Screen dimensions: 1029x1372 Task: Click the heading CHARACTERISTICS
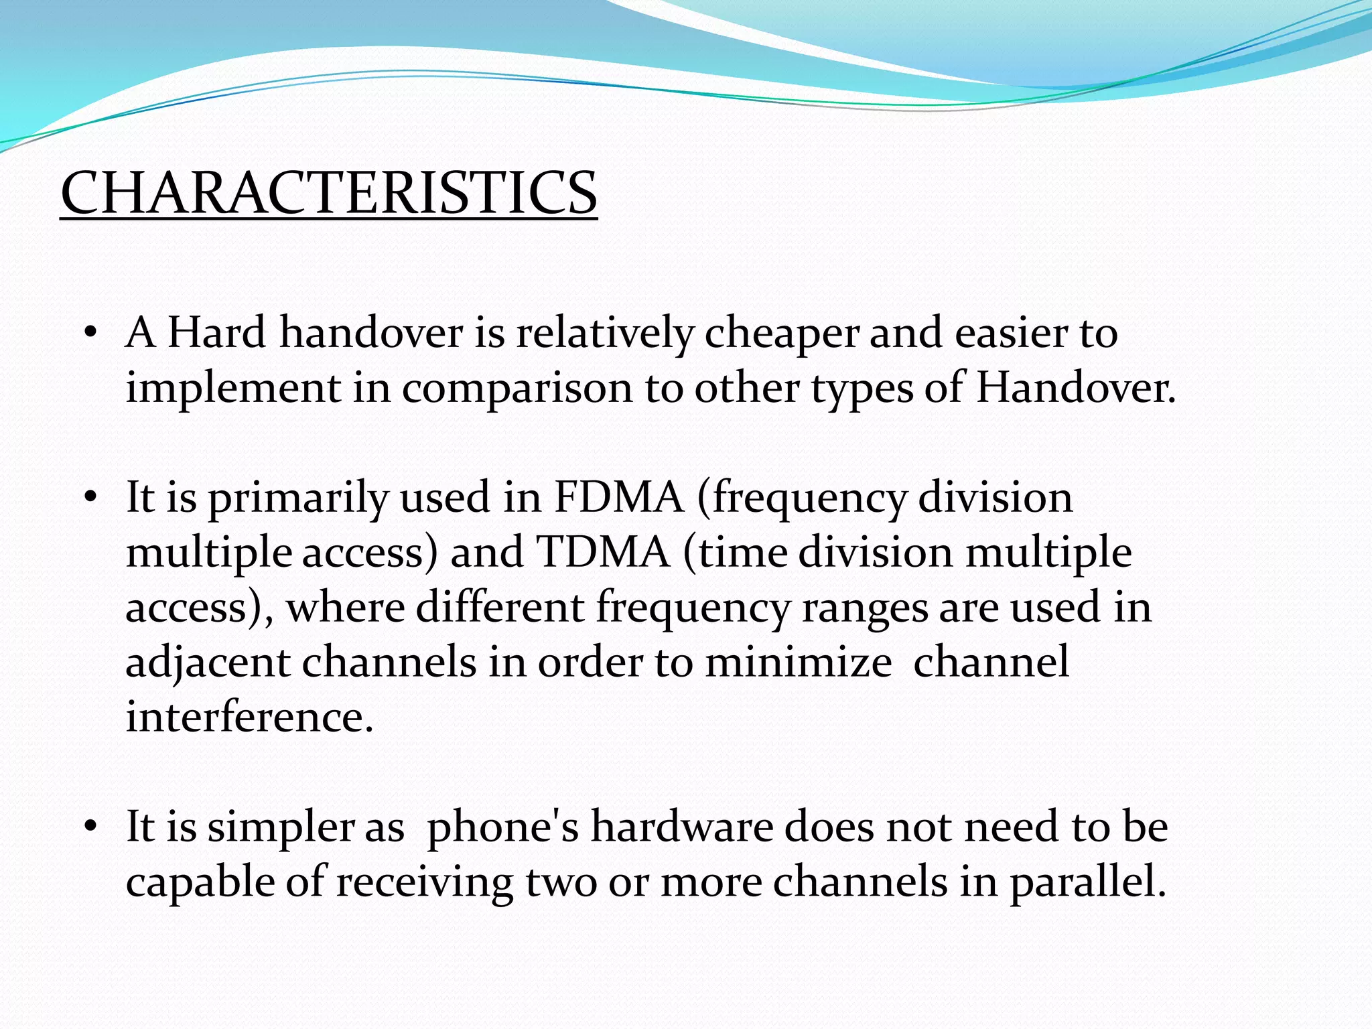click(328, 193)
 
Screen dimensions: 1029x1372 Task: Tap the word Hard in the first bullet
click(216, 333)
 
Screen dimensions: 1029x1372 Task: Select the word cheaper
click(781, 333)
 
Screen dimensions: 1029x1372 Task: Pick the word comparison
click(517, 389)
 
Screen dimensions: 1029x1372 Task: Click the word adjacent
click(208, 663)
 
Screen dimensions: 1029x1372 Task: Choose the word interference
click(249, 717)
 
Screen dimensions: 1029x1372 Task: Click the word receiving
click(424, 882)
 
